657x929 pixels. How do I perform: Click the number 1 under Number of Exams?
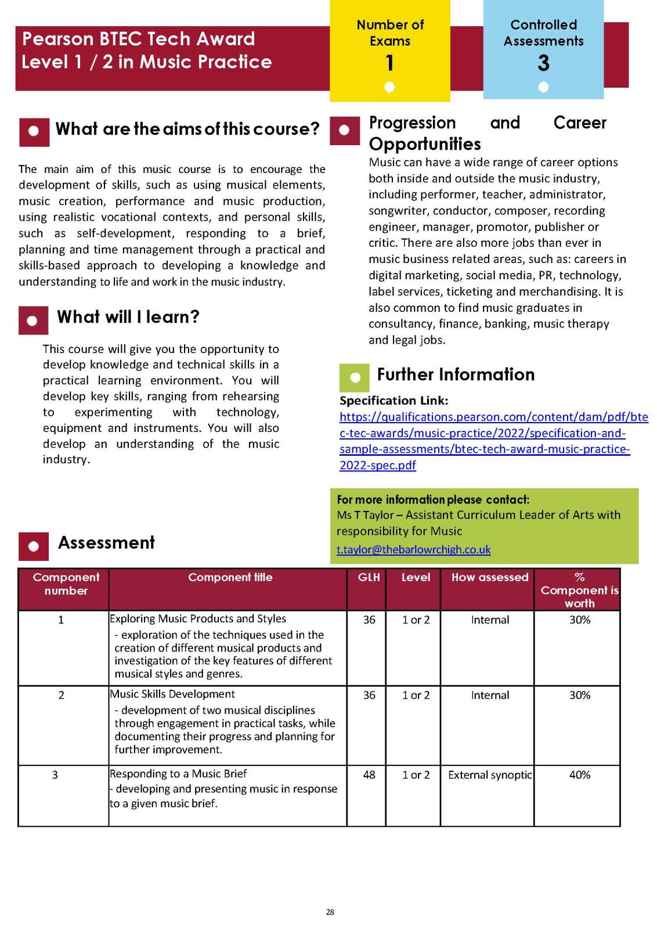389,62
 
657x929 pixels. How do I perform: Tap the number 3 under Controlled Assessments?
543,63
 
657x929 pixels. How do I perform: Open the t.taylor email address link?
413,549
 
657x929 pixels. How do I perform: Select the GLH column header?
369,577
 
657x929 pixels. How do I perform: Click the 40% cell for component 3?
579,775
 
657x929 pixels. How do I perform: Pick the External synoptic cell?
489,775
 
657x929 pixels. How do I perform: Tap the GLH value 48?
369,775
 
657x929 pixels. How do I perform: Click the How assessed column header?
489,577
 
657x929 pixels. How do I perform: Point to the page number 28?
330,912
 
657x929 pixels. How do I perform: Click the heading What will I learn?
128,316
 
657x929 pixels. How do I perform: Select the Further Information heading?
456,375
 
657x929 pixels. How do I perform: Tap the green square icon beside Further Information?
355,377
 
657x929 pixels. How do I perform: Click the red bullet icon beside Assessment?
33,546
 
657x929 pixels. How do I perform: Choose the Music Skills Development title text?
172,694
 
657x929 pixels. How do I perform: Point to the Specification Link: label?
394,401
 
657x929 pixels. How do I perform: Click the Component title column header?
230,577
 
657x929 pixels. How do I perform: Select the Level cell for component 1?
416,620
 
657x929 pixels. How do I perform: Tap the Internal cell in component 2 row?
489,695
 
